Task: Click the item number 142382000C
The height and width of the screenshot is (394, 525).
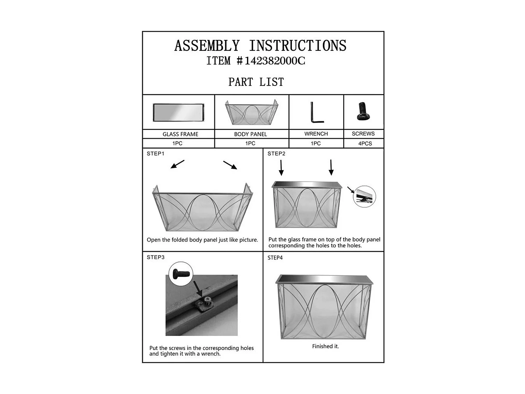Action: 275,61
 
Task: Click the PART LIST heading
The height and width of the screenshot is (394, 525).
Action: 256,82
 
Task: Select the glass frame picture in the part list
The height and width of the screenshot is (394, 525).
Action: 178,112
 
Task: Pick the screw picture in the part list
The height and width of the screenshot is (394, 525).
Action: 363,111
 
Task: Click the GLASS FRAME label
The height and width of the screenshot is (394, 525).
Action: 180,134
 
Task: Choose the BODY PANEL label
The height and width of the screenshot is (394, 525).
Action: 250,134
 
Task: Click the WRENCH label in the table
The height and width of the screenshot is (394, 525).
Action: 316,134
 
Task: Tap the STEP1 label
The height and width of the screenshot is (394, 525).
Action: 155,154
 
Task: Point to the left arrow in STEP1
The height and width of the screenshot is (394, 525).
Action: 177,164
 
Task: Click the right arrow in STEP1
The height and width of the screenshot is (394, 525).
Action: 230,165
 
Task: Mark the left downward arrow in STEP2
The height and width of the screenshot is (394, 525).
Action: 281,168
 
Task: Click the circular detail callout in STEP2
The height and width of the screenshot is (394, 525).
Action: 364,196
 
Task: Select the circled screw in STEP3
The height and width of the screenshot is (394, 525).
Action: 181,274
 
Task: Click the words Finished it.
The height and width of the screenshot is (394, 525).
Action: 325,346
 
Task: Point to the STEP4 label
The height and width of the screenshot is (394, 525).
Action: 275,258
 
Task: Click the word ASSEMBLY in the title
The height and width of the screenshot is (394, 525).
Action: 207,46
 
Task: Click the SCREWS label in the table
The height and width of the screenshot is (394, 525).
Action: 363,134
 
